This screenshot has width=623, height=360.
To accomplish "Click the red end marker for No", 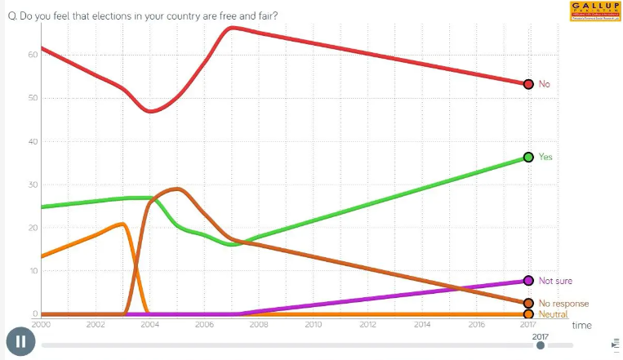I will tap(528, 84).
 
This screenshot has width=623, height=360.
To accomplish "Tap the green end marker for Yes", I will tap(528, 157).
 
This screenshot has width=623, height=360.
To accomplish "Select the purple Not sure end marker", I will tap(528, 281).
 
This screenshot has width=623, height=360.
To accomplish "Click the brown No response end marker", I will tap(528, 303).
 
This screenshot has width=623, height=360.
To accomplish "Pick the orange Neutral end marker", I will tap(528, 314).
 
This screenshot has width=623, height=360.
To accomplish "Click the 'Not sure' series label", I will tap(555, 281).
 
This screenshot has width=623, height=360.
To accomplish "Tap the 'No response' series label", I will tap(563, 304).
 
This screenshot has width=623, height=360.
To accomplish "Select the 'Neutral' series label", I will tap(554, 314).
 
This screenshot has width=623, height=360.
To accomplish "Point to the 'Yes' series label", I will tap(545, 157).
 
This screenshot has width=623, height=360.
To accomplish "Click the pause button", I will tap(20, 341).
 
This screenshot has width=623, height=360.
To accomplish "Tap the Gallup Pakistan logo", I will tap(594, 11).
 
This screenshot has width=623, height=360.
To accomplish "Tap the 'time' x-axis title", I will tap(581, 325).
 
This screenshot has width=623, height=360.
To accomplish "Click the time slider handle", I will tap(541, 345).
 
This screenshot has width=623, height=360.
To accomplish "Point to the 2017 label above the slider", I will tap(541, 336).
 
